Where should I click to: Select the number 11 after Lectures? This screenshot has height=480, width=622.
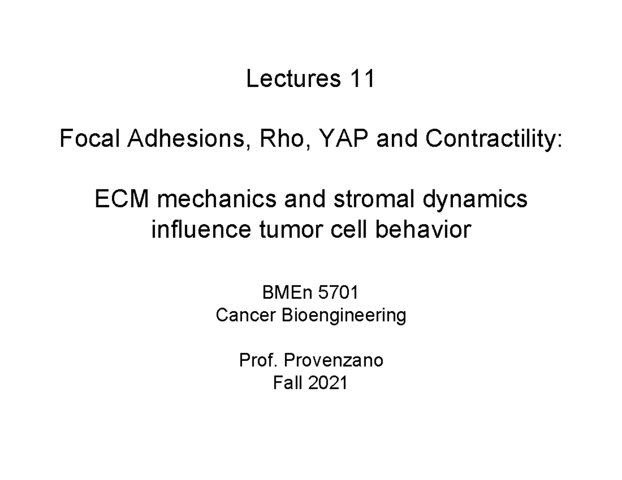tap(362, 80)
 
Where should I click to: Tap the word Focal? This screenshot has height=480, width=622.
tap(88, 139)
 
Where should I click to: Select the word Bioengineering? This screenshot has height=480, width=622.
tap(344, 315)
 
